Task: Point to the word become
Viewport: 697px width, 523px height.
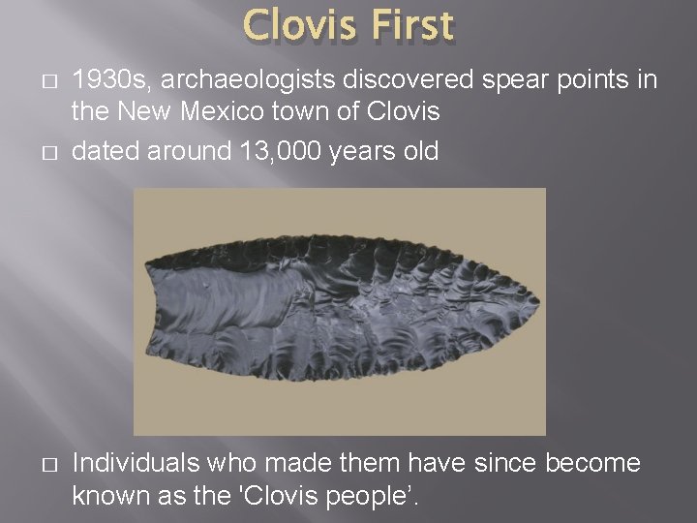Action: point(592,463)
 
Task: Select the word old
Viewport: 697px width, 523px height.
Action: point(418,151)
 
